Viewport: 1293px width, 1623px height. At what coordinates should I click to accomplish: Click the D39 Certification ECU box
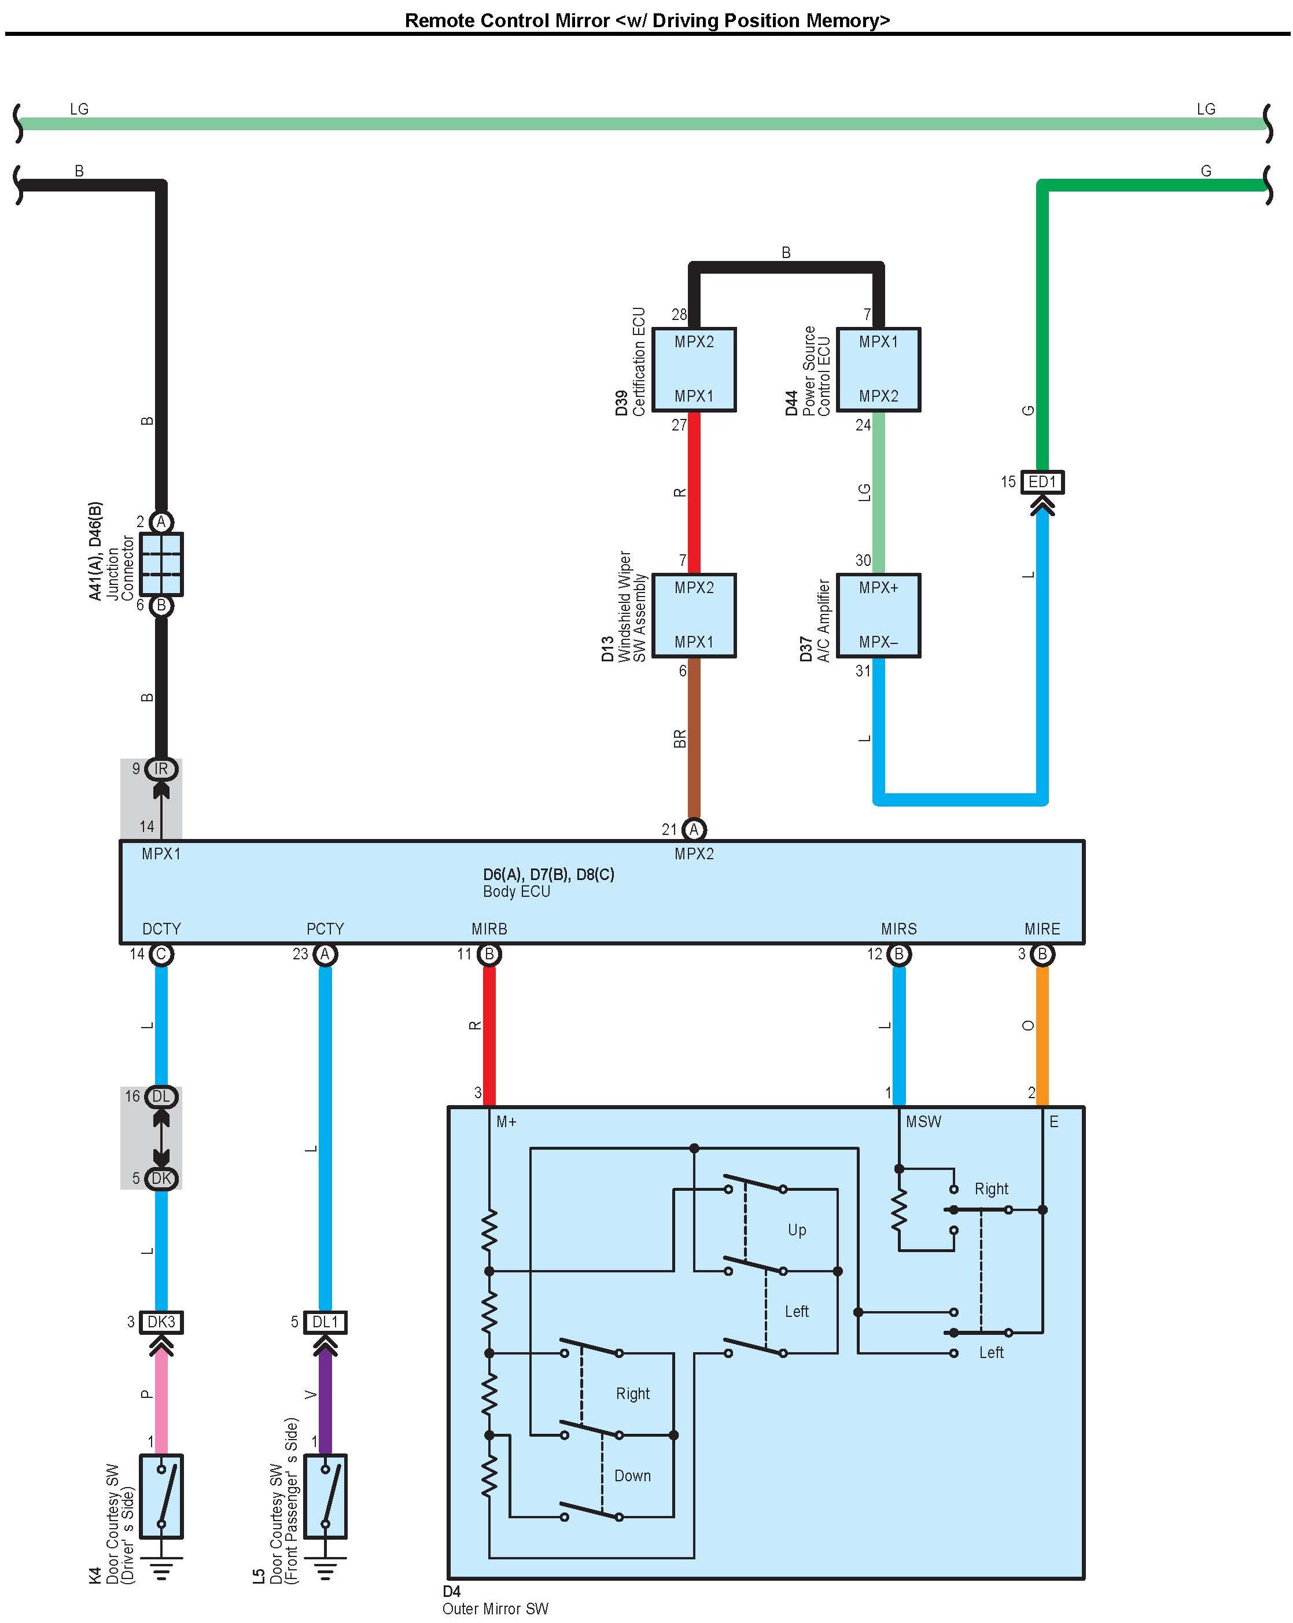click(x=693, y=369)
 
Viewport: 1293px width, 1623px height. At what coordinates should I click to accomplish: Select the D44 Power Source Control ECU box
click(x=878, y=369)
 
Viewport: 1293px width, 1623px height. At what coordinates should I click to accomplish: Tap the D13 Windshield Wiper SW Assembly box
click(x=693, y=615)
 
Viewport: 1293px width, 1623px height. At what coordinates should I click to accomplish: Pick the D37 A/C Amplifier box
click(x=878, y=615)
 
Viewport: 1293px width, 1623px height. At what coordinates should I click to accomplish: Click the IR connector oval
click(x=161, y=768)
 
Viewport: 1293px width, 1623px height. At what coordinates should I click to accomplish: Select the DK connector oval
click(x=161, y=1178)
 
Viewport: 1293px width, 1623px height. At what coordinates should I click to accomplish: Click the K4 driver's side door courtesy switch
click(x=161, y=1496)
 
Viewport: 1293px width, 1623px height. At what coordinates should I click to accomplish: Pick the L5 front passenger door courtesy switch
click(x=325, y=1496)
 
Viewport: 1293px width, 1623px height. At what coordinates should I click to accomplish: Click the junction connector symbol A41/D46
click(x=161, y=563)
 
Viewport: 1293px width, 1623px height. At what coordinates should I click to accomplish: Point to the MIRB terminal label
click(x=489, y=929)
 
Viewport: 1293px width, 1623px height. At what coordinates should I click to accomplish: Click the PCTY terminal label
click(x=325, y=929)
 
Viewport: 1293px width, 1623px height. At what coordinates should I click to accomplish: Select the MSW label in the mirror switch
click(x=923, y=1122)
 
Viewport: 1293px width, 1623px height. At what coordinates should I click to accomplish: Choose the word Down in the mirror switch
click(x=632, y=1475)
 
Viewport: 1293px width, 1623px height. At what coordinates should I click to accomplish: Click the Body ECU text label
click(x=516, y=891)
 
